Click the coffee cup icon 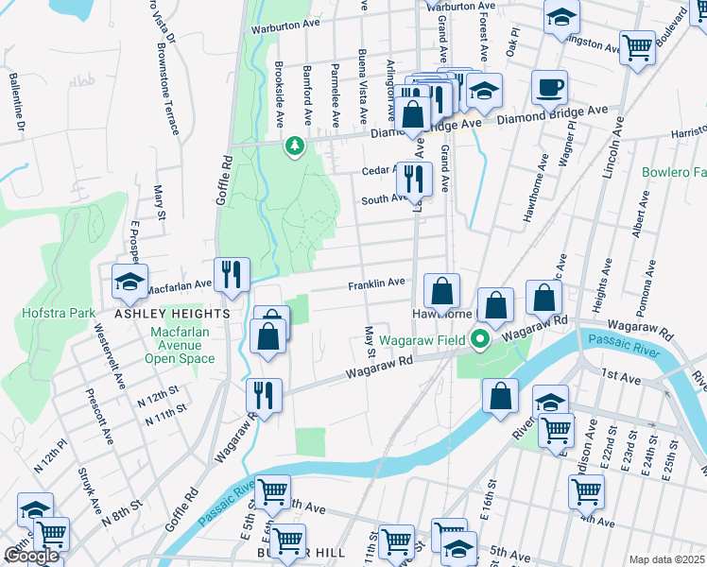pyautogui.click(x=549, y=89)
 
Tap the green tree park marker pyautogui.click(x=295, y=146)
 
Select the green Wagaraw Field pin pyautogui.click(x=480, y=339)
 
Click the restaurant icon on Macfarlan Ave pyautogui.click(x=232, y=275)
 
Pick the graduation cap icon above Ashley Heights pyautogui.click(x=129, y=281)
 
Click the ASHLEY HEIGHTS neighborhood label pyautogui.click(x=172, y=313)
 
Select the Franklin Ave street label pyautogui.click(x=376, y=283)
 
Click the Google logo pyautogui.click(x=31, y=556)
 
